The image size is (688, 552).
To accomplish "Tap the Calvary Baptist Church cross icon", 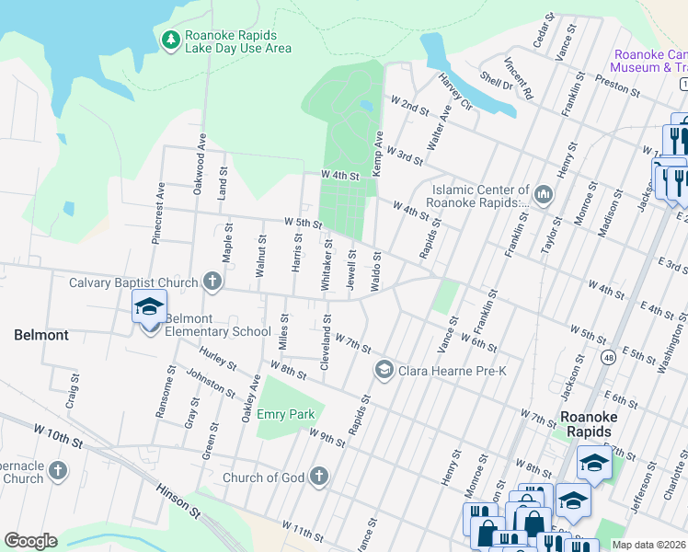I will click(212, 282).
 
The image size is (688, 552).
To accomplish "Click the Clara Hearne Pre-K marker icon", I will click(384, 371).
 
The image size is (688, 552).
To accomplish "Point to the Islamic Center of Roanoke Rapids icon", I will click(542, 194).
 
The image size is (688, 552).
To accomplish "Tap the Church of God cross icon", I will click(318, 477).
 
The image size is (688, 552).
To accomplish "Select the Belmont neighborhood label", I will click(41, 335).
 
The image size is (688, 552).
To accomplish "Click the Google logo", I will click(30, 541).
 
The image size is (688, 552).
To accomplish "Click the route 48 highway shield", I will click(609, 357).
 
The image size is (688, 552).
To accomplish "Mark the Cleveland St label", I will click(326, 344).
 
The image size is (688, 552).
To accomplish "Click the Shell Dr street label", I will click(495, 81).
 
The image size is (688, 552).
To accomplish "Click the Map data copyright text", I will click(648, 544).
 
